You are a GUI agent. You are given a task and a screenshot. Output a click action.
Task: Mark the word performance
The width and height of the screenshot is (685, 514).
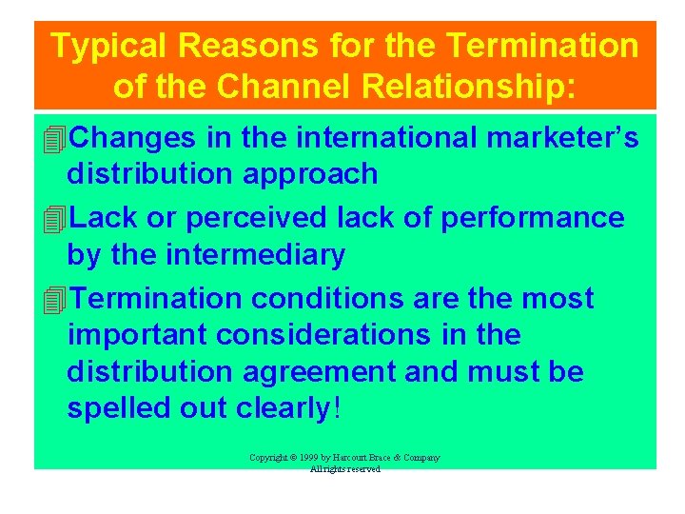pyautogui.click(x=538, y=218)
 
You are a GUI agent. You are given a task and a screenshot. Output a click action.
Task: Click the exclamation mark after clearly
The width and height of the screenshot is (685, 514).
pyautogui.click(x=335, y=407)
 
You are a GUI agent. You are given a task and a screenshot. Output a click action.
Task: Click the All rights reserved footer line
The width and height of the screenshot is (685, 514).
pyautogui.click(x=344, y=469)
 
